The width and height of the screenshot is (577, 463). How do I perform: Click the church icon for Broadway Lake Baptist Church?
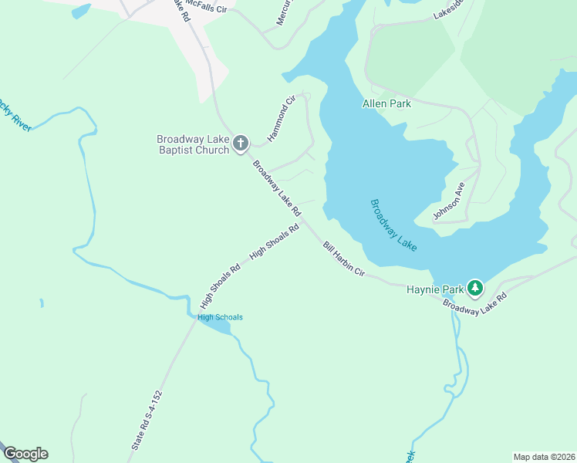241,142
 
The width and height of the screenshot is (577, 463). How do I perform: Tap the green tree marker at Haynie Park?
475,289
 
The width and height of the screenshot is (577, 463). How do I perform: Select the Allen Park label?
386,103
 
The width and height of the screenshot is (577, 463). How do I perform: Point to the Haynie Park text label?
435,289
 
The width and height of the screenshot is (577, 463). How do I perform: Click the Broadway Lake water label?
394,225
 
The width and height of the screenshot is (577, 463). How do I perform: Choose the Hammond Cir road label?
282,118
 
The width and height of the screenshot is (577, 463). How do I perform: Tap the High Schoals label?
220,317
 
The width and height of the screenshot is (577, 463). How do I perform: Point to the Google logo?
25,454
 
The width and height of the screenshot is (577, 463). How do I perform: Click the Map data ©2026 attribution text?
543,456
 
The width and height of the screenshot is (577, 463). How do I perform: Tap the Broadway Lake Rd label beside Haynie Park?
474,306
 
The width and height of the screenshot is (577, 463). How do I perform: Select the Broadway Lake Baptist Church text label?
193,144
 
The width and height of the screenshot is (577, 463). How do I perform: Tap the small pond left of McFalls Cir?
79,11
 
